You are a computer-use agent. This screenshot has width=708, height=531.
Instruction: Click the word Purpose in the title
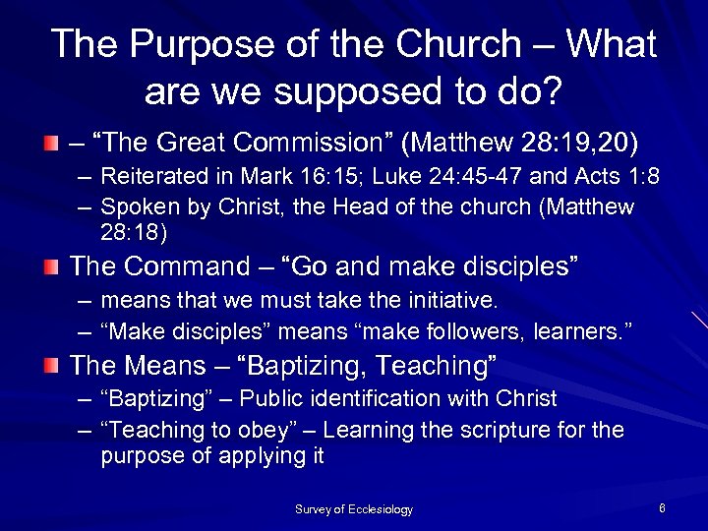click(x=203, y=45)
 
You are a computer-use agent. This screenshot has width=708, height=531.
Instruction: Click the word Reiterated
click(x=151, y=178)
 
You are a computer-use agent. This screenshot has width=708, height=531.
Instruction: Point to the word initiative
click(x=440, y=299)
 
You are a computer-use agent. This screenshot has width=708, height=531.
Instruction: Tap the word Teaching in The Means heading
click(x=432, y=367)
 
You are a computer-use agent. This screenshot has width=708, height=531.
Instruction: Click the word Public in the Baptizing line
click(x=272, y=399)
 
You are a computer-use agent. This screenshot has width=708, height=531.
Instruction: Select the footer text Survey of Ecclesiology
click(x=354, y=509)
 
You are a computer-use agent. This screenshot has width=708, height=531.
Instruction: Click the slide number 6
click(x=662, y=508)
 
